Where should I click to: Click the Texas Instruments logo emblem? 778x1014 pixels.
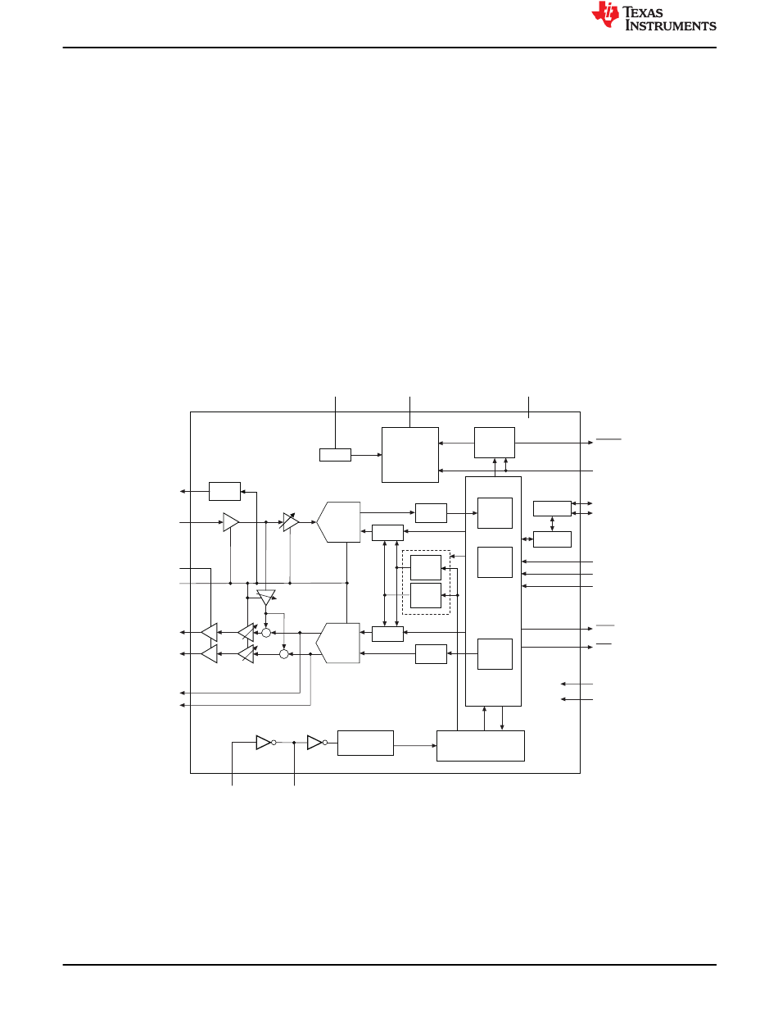click(607, 16)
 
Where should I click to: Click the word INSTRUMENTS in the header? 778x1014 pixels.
click(671, 26)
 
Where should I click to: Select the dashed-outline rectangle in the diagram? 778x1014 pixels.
click(426, 582)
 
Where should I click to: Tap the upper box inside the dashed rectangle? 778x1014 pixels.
click(426, 567)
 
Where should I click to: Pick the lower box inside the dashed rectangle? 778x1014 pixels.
click(426, 596)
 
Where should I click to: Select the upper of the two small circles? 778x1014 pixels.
click(265, 633)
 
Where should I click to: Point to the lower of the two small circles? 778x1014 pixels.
click(284, 654)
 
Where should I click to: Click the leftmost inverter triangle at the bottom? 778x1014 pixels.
click(263, 743)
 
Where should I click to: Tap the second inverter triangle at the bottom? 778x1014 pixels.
click(315, 743)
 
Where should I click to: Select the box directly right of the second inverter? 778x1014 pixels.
click(365, 743)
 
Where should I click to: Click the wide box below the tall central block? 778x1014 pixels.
click(481, 745)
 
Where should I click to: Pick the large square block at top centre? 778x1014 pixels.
click(410, 455)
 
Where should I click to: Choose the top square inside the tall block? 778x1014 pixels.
click(495, 513)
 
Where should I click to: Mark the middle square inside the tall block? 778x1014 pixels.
click(495, 562)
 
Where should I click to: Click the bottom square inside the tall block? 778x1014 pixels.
click(495, 654)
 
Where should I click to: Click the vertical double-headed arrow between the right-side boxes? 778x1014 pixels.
click(552, 523)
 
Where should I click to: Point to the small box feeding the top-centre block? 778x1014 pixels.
click(334, 455)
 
